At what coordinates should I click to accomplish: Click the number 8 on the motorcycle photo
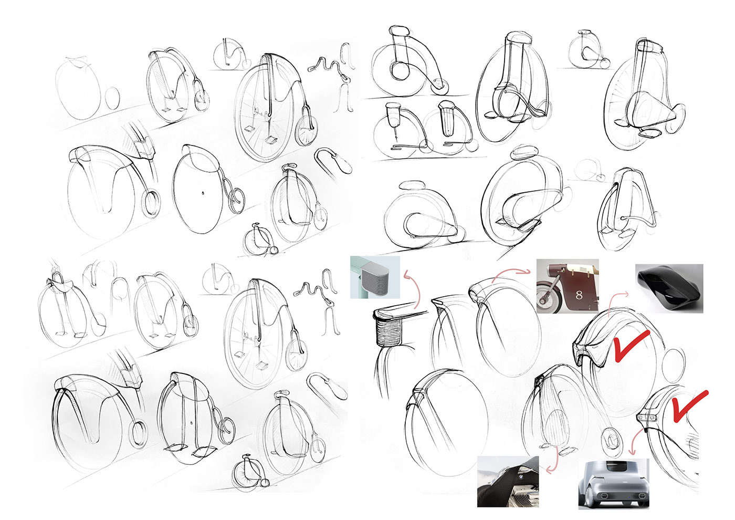(x=579, y=295)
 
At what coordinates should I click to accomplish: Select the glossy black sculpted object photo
(x=669, y=287)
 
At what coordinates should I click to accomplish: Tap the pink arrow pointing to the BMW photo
(x=551, y=462)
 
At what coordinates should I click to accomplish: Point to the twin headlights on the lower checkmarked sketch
(x=649, y=417)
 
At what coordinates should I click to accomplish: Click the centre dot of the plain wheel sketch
(x=203, y=194)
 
